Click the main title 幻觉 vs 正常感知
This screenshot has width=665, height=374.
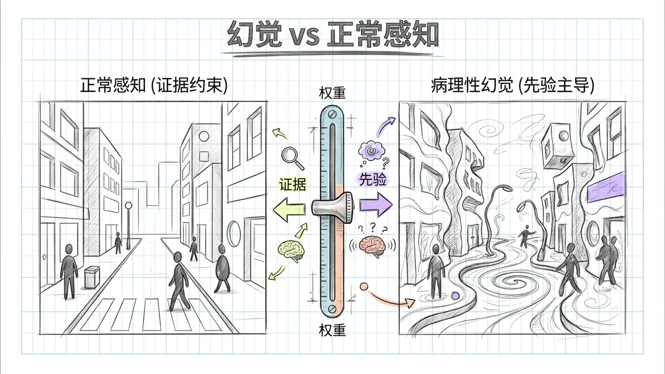(x=332, y=35)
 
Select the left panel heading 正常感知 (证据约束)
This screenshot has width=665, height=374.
(x=154, y=85)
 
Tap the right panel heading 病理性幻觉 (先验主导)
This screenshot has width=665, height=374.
(x=513, y=85)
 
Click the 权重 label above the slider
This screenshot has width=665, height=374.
(x=332, y=93)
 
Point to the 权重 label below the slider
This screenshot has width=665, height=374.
(x=332, y=330)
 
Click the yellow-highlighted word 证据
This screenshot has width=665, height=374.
(x=293, y=185)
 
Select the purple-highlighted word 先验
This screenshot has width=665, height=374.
(x=372, y=179)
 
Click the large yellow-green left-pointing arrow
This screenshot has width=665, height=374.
(x=289, y=209)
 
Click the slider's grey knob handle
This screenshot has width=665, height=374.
(x=332, y=207)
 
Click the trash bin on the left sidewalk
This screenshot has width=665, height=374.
(x=91, y=277)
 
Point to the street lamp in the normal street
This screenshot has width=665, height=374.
(x=128, y=225)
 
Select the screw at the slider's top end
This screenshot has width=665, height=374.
(x=332, y=114)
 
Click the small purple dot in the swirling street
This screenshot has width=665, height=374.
(x=455, y=296)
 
